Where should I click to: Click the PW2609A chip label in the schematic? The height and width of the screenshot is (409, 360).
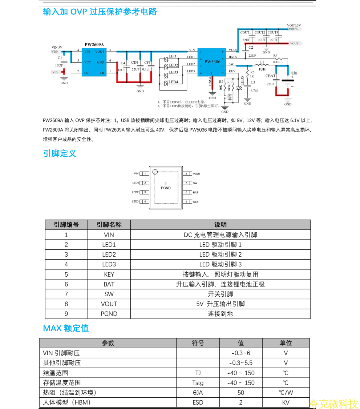click(94, 45)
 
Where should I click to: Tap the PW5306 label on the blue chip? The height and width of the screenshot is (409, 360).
click(212, 61)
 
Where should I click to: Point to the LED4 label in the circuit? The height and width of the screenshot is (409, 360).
click(173, 82)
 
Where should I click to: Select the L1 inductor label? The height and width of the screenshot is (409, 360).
click(262, 63)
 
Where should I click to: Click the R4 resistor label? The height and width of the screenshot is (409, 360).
click(275, 56)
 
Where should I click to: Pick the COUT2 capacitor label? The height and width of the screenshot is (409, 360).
click(260, 33)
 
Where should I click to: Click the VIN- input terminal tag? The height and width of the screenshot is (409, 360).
click(55, 72)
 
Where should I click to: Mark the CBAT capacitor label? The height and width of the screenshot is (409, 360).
click(270, 76)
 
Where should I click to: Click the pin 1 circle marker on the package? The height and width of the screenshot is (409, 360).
click(155, 172)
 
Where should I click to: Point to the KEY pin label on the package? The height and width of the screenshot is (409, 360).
click(196, 202)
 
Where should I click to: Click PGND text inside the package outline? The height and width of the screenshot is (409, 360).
click(166, 188)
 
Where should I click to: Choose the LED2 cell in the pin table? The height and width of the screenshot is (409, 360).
click(109, 254)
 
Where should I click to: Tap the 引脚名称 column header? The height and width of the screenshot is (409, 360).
click(109, 225)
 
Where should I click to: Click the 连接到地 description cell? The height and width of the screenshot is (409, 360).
click(220, 313)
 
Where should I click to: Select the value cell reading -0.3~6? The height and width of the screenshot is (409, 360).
click(241, 353)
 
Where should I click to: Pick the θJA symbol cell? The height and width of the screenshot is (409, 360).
click(198, 393)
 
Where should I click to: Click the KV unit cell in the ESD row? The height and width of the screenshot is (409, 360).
click(286, 402)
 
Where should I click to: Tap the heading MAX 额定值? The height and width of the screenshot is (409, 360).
click(66, 328)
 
